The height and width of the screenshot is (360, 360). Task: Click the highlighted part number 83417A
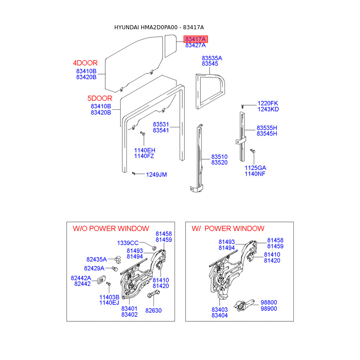(195, 40)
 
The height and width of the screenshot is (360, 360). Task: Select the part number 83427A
(195, 45)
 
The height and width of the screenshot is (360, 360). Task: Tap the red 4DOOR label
(85, 63)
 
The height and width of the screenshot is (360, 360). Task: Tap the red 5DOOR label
(99, 98)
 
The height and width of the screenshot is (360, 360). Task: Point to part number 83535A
(212, 58)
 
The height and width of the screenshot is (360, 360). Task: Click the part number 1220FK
(268, 103)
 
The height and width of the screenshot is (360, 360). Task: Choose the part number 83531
(161, 124)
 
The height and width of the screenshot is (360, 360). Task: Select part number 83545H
(267, 134)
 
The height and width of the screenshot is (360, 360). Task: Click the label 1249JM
(156, 175)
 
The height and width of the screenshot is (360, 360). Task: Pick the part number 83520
(220, 162)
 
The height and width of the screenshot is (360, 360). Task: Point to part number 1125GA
(256, 168)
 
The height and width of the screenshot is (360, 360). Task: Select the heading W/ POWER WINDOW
(228, 229)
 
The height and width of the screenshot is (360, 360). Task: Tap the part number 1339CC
(128, 243)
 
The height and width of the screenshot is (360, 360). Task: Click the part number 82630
(153, 310)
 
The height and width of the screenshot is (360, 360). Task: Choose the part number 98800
(269, 303)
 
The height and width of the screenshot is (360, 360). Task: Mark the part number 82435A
(97, 260)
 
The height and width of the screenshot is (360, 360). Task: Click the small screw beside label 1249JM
(135, 173)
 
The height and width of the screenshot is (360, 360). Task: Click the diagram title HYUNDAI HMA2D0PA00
(147, 28)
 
